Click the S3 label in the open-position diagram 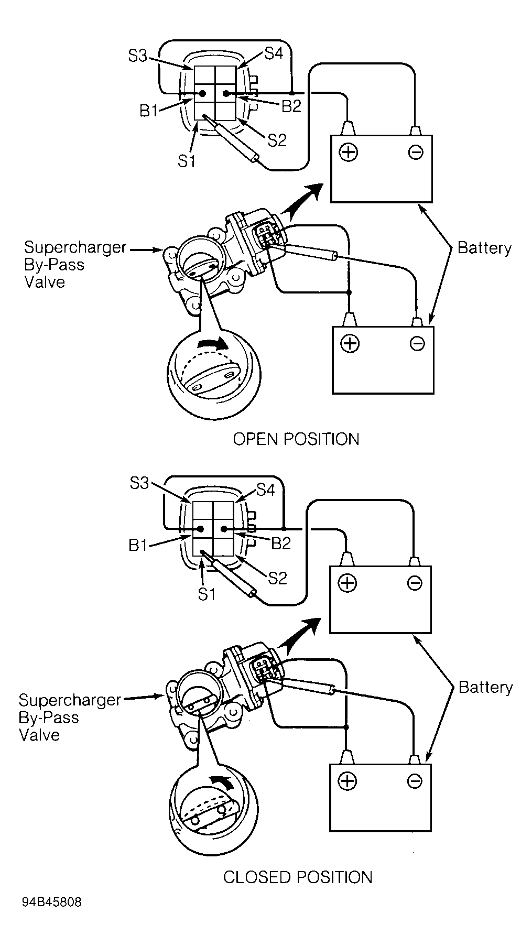[137, 56]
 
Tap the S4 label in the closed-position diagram [266, 490]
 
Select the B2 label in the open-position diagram [291, 106]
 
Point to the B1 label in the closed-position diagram [138, 545]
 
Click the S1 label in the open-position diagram [187, 161]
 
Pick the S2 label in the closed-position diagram [278, 578]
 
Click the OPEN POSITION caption [296, 439]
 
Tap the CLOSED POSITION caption [297, 877]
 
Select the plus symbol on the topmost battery [348, 153]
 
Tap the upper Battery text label [484, 248]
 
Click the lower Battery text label [485, 687]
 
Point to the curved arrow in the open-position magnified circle [213, 343]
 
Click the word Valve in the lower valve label [39, 734]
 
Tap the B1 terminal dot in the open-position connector [202, 94]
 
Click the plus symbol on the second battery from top [350, 343]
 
